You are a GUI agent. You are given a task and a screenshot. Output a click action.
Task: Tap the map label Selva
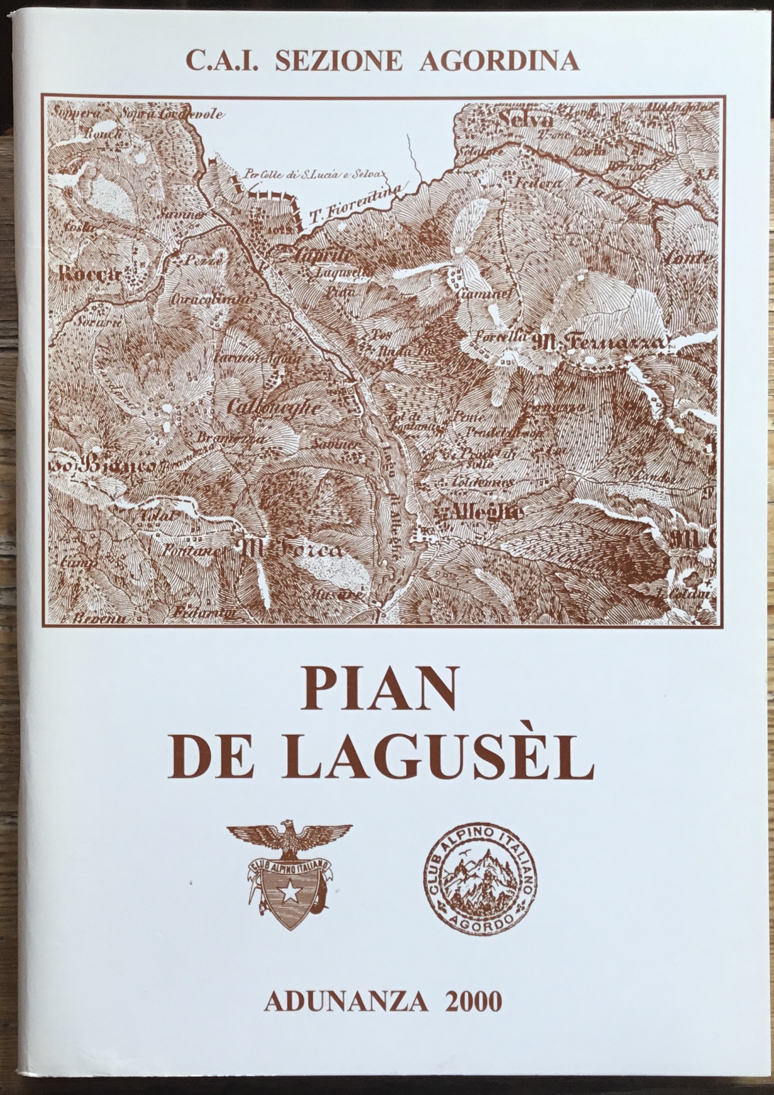[x=525, y=120]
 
